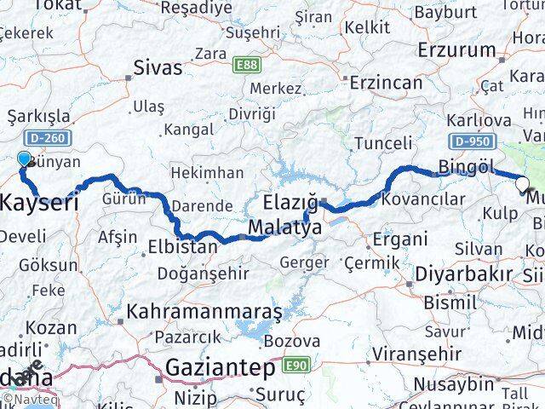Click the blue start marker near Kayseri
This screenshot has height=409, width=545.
tap(24, 158)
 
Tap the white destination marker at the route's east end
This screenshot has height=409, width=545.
tap(521, 181)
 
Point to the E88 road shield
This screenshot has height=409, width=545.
tap(245, 64)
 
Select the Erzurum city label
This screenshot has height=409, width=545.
tap(456, 49)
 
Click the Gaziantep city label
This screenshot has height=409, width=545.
tap(221, 369)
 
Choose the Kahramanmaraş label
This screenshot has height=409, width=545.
tap(204, 312)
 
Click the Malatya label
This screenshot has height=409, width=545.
tap(285, 228)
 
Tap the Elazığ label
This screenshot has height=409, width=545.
tap(290, 204)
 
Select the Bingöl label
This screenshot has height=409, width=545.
tap(466, 165)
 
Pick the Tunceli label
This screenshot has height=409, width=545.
tap(382, 142)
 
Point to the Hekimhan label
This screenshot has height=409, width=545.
tap(207, 173)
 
